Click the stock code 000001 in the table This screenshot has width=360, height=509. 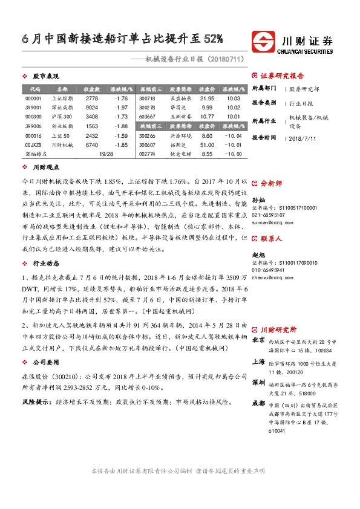(x=33, y=98)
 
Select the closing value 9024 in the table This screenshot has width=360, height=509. (x=92, y=107)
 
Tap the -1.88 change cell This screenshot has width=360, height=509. (x=120, y=126)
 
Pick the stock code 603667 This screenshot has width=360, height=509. (x=147, y=117)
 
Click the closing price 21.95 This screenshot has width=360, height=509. (x=207, y=98)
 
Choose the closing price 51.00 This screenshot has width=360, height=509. (x=207, y=145)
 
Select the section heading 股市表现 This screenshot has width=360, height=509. (x=45, y=77)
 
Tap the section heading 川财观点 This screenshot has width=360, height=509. (x=45, y=166)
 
